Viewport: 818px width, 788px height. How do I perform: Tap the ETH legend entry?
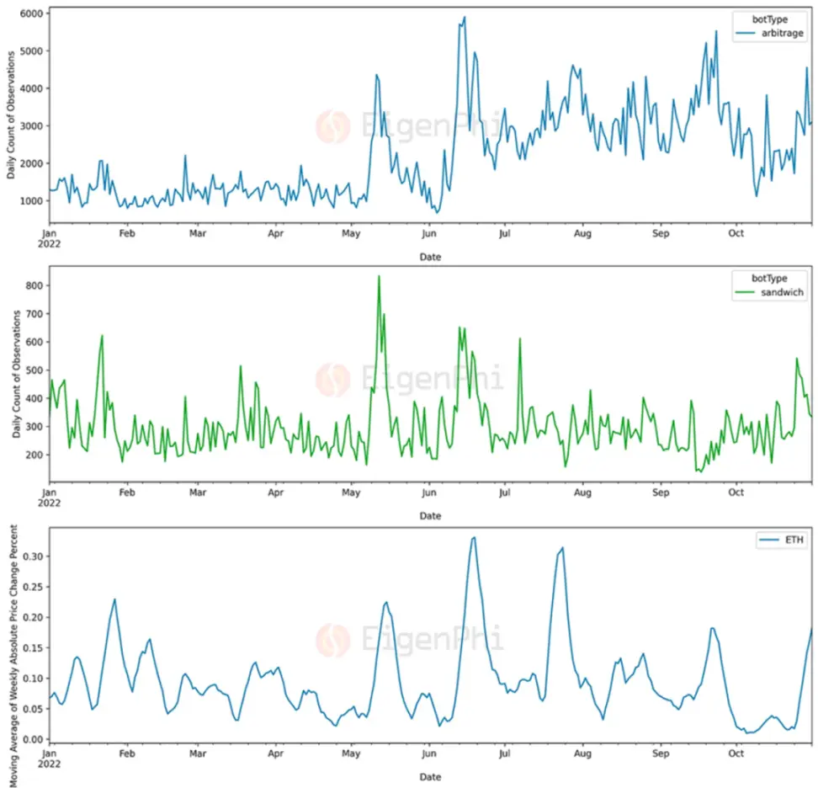pos(783,541)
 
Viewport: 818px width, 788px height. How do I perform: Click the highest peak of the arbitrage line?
pos(465,17)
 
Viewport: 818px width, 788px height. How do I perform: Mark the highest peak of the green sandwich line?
pos(379,276)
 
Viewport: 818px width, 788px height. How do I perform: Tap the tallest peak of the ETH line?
pos(474,537)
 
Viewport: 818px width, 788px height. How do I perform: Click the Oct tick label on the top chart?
pos(736,233)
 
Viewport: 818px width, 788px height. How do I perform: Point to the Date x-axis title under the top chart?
pos(430,256)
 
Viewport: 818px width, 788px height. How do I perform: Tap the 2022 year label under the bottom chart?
pos(50,765)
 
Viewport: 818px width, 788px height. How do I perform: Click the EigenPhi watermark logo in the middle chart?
pos(333,379)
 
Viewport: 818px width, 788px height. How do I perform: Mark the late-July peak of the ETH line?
pos(562,547)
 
